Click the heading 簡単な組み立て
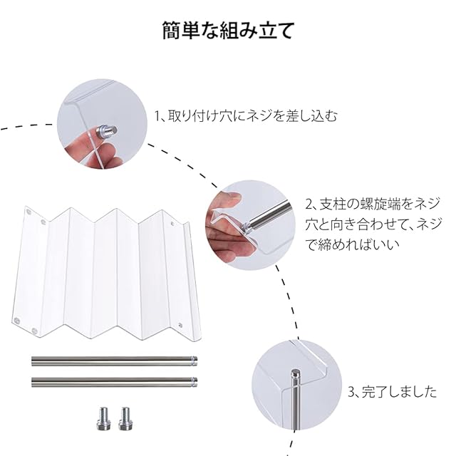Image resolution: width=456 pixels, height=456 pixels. tap(228, 30)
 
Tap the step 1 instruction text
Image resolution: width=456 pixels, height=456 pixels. tap(245, 115)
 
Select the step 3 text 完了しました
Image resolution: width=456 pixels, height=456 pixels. tap(393, 392)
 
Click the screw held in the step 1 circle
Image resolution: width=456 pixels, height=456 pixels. tap(107, 130)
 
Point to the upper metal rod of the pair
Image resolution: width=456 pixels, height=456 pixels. tap(115, 361)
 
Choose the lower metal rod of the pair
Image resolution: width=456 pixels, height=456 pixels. tap(115, 382)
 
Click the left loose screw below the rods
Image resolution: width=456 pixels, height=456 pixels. tap(103, 419)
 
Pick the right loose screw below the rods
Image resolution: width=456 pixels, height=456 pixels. tap(125, 419)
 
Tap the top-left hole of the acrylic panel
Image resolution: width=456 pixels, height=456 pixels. tap(28, 212)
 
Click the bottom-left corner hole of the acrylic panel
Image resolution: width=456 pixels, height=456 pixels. tap(17, 321)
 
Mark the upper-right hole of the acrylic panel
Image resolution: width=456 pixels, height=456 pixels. tap(172, 224)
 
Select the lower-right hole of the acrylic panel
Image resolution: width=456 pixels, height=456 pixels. tap(180, 325)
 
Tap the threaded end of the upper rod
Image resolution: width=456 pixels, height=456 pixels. tap(195, 361)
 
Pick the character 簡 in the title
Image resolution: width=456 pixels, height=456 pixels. tap(172, 30)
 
